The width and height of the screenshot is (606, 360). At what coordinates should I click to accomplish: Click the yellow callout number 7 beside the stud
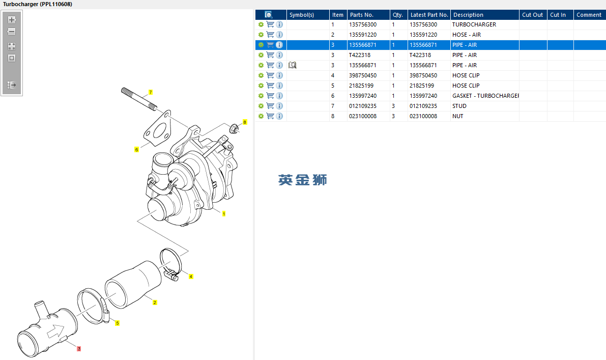[151, 92]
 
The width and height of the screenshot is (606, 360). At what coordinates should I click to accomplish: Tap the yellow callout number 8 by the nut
[245, 122]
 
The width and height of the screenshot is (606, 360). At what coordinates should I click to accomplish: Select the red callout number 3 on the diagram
[79, 349]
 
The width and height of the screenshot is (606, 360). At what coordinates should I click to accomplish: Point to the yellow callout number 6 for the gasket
[136, 150]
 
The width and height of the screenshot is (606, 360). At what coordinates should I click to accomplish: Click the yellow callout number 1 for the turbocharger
[224, 214]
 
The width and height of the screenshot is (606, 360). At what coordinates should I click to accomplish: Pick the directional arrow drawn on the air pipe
[55, 331]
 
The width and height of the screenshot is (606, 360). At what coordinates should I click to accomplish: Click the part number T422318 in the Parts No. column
[360, 55]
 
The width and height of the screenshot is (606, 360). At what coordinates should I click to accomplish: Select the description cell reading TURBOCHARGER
[474, 24]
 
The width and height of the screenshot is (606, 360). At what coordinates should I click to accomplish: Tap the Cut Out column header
[533, 15]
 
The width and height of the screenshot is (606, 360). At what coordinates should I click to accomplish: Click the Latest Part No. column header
[429, 15]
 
